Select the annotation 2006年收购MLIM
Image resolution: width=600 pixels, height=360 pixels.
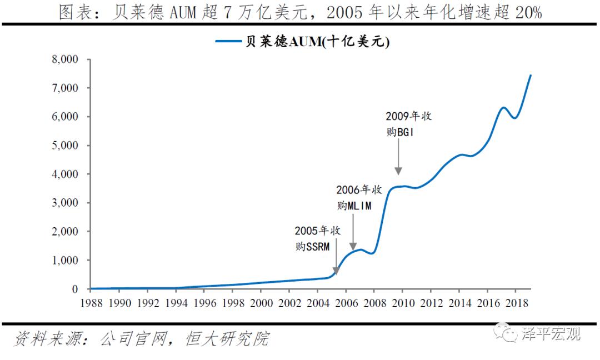[359, 197]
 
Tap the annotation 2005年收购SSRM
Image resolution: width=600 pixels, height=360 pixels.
[317, 238]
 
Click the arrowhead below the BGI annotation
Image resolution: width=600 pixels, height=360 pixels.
[398, 172]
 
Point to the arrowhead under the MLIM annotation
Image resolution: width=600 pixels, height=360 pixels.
[353, 247]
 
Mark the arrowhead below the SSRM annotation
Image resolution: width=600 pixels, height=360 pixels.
[336, 272]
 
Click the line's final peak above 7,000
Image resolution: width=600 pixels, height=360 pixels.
[530, 75]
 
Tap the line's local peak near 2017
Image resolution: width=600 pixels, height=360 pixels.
[503, 107]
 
